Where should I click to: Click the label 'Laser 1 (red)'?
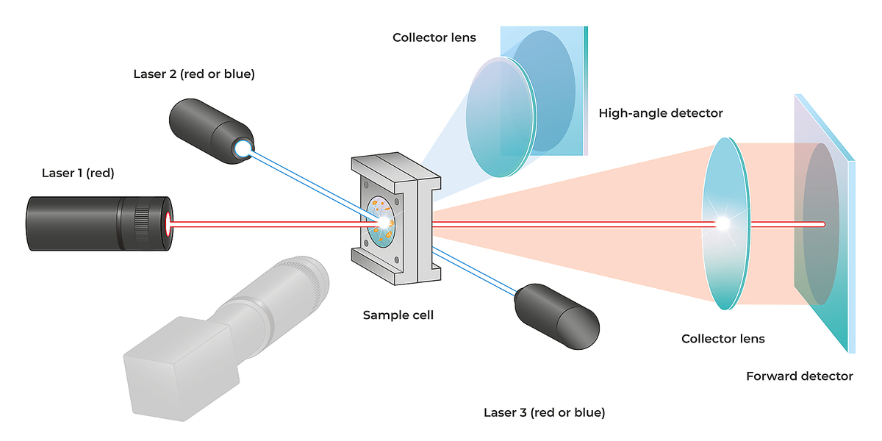pyautogui.click(x=78, y=173)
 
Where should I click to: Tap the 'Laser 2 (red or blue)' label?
pyautogui.click(x=194, y=74)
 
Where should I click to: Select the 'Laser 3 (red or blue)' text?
pyautogui.click(x=545, y=412)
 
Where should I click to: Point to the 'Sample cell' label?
pyautogui.click(x=398, y=315)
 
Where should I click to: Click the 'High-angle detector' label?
pyautogui.click(x=661, y=113)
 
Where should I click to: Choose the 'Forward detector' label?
pyautogui.click(x=800, y=376)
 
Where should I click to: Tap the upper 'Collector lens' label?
pyautogui.click(x=434, y=37)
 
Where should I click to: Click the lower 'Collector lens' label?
pyautogui.click(x=723, y=339)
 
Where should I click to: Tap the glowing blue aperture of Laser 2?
pyautogui.click(x=242, y=148)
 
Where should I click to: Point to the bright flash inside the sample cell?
pyautogui.click(x=383, y=220)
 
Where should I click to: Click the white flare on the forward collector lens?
pyautogui.click(x=724, y=223)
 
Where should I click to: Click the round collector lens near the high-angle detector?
pyautogui.click(x=498, y=118)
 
